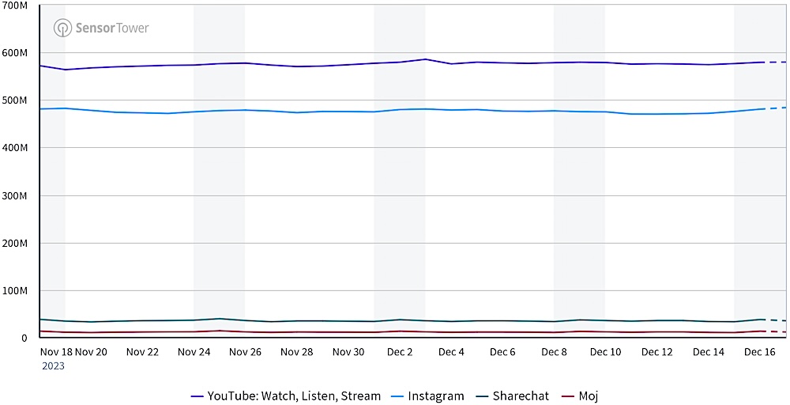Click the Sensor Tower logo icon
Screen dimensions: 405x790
tap(62, 28)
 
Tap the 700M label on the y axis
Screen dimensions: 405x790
tap(16, 6)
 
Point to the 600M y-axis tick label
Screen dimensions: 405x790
tap(16, 53)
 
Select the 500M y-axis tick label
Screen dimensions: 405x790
tap(16, 100)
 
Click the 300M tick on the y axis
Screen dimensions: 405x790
tap(16, 195)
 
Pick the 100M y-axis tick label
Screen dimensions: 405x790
tap(16, 290)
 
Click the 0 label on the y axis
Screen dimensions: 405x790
tap(24, 338)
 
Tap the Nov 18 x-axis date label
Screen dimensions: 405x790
tap(55, 352)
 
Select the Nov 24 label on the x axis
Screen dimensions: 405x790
tap(194, 352)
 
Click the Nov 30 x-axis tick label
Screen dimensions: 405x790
tap(348, 352)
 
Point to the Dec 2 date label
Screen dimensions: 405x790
tap(400, 352)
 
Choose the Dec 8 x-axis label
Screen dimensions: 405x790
tap(554, 352)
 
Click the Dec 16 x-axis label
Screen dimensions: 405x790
tap(759, 352)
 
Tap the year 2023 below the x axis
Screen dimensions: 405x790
tap(53, 365)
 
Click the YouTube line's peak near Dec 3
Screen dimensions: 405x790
tap(426, 59)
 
